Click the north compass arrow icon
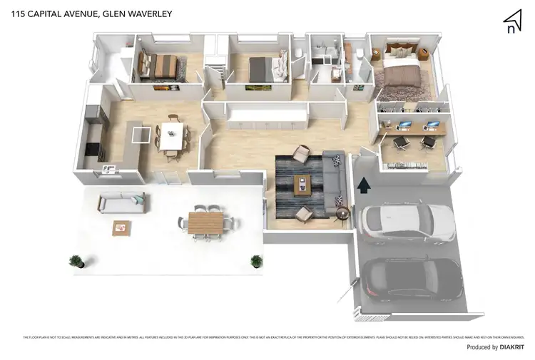pyautogui.click(x=511, y=22)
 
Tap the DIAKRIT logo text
pyautogui.click(x=512, y=347)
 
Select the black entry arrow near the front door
pyautogui.click(x=363, y=185)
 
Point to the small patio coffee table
pyautogui.click(x=122, y=228)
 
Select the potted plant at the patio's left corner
pyautogui.click(x=76, y=261)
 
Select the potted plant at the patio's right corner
pyautogui.click(x=256, y=261)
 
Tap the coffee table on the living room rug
pyautogui.click(x=302, y=183)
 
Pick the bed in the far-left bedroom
pyautogui.click(x=163, y=66)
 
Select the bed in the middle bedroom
pyautogui.click(x=261, y=68)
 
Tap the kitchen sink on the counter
pyautogui.click(x=109, y=168)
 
